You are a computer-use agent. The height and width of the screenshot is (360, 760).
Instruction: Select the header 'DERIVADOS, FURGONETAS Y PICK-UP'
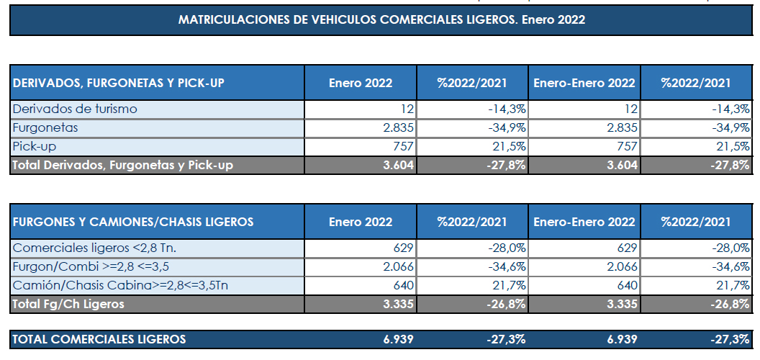tap(119, 83)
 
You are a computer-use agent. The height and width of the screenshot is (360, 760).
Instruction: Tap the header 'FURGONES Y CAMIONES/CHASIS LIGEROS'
tap(133, 222)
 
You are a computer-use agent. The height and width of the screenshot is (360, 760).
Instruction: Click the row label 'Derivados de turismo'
tap(75, 109)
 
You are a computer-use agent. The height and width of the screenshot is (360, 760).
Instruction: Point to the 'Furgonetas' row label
tap(45, 128)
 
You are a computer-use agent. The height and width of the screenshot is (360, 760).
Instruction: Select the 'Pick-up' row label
tap(35, 146)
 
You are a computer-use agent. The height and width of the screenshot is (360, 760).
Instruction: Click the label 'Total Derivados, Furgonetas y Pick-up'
tap(123, 165)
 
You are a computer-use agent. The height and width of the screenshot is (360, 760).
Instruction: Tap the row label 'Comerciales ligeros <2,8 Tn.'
tap(94, 248)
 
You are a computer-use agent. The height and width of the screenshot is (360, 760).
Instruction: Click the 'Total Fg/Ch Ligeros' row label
tap(68, 304)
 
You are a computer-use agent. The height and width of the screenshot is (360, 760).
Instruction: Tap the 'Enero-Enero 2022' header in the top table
tap(584, 83)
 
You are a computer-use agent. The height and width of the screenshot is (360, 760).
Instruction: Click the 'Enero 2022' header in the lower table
tap(361, 222)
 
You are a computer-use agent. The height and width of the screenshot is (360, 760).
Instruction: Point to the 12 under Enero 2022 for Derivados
tap(408, 109)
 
